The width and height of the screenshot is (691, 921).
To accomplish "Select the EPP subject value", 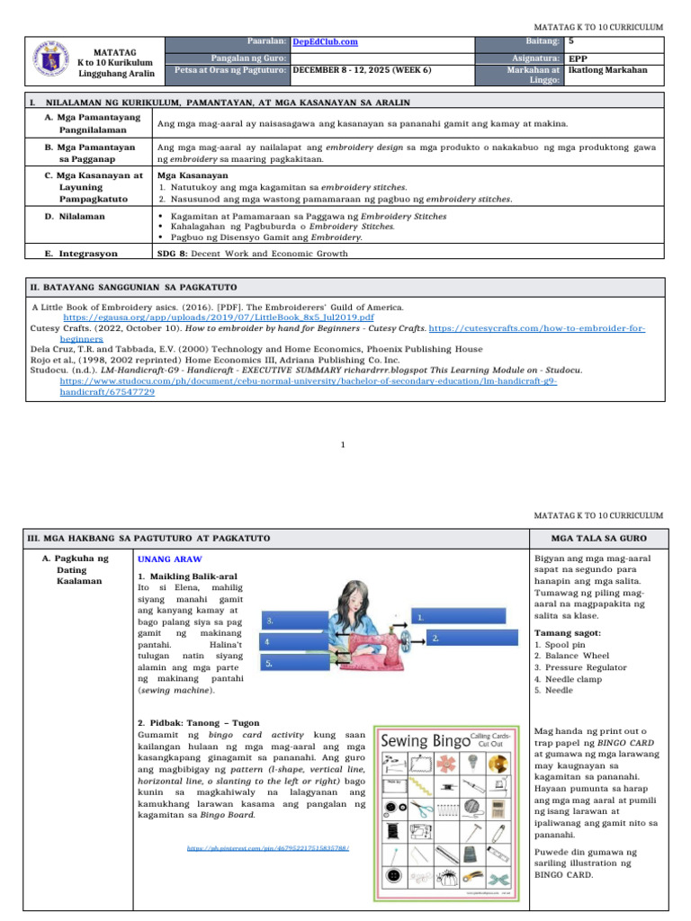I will pos(579,56).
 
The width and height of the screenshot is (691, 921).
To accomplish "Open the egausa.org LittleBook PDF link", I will pos(219,317).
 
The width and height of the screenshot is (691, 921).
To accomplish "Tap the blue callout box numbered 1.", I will pos(450,617).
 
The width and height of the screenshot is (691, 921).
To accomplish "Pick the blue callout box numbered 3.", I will pos(290,621).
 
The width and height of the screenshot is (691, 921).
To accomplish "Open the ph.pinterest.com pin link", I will pos(268,848).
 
